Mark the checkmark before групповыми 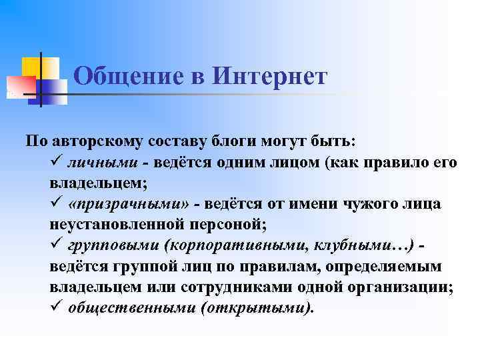[x=55, y=246]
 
